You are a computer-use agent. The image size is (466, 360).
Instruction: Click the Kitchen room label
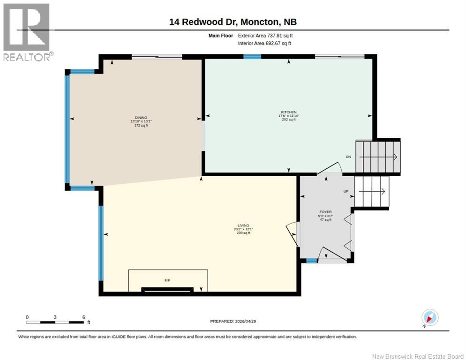coord(289,112)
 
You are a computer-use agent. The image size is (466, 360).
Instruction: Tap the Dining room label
coord(141,118)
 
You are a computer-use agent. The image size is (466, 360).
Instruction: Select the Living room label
coord(243,225)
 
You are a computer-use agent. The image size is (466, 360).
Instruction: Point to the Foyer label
coord(325,212)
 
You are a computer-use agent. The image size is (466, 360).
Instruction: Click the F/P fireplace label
coord(167,280)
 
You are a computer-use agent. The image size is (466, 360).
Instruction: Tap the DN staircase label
coord(348,157)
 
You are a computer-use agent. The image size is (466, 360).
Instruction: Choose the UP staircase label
coord(346,191)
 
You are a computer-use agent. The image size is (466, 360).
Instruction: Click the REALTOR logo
coord(27,32)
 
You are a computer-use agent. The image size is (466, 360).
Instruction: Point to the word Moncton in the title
coord(259,22)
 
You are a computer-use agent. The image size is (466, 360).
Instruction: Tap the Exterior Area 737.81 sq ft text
coord(265,36)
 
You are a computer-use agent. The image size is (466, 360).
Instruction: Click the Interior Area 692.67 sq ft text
coord(264,44)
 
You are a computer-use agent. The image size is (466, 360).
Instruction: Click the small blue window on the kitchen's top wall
coord(252,57)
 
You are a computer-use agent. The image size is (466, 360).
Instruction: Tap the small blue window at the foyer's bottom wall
coord(312,261)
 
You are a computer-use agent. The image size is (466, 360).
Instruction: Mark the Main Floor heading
coord(220,36)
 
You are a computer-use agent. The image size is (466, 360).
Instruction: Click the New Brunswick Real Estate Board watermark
coord(418,356)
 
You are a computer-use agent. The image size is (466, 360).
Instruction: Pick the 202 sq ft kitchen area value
coord(289,120)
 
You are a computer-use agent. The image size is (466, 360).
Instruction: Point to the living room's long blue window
coord(101,243)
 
